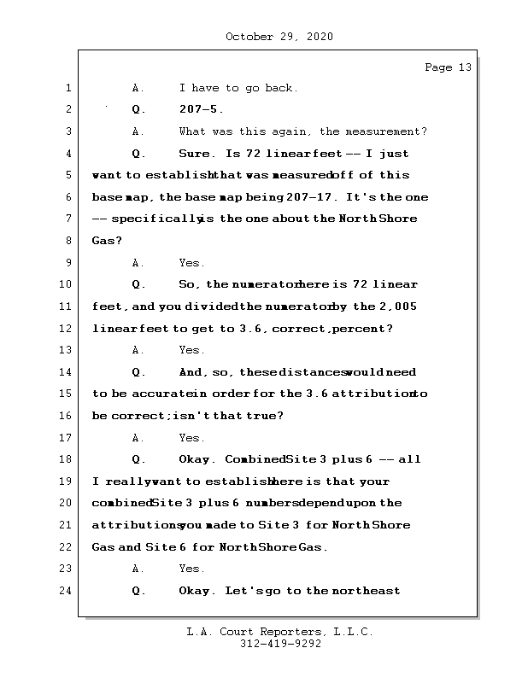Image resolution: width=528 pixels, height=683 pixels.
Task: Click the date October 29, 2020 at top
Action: click(279, 37)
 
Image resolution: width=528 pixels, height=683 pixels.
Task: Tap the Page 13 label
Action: click(448, 67)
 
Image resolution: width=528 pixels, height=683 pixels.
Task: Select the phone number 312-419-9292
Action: click(279, 645)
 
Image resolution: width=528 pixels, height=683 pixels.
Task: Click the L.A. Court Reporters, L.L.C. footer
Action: click(279, 632)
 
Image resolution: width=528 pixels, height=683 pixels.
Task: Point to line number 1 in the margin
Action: click(67, 88)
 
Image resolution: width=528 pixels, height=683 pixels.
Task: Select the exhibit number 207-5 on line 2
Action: click(202, 110)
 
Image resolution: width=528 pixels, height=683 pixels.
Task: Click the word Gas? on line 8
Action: click(107, 241)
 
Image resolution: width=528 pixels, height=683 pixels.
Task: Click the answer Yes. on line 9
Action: click(191, 263)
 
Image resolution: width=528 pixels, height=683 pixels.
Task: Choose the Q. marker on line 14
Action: click(139, 372)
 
